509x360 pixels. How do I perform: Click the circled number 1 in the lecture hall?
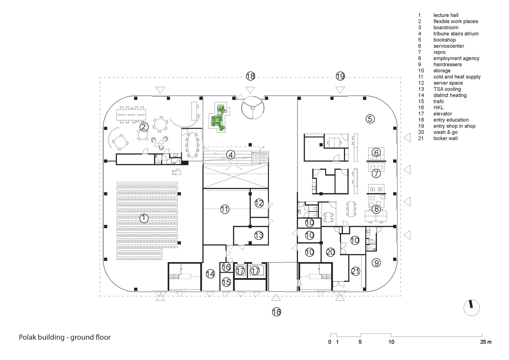click(144, 218)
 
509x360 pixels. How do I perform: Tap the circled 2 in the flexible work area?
click(144, 127)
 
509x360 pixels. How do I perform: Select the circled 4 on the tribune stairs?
click(231, 155)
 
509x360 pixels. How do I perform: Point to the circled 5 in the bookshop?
click(370, 119)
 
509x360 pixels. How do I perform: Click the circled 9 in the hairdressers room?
click(376, 263)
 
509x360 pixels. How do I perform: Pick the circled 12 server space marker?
click(259, 203)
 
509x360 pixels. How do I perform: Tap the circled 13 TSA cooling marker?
click(259, 235)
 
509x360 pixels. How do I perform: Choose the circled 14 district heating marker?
click(210, 274)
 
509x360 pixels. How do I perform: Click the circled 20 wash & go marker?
click(330, 252)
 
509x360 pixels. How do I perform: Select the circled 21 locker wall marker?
click(355, 271)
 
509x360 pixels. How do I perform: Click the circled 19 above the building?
click(340, 76)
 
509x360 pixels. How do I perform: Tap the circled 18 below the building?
click(277, 312)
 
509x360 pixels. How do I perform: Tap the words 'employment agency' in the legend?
click(456, 58)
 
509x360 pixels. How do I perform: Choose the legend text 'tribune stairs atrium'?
click(456, 33)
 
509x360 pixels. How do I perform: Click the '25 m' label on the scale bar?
click(486, 342)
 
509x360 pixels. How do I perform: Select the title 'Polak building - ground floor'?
click(65, 337)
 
